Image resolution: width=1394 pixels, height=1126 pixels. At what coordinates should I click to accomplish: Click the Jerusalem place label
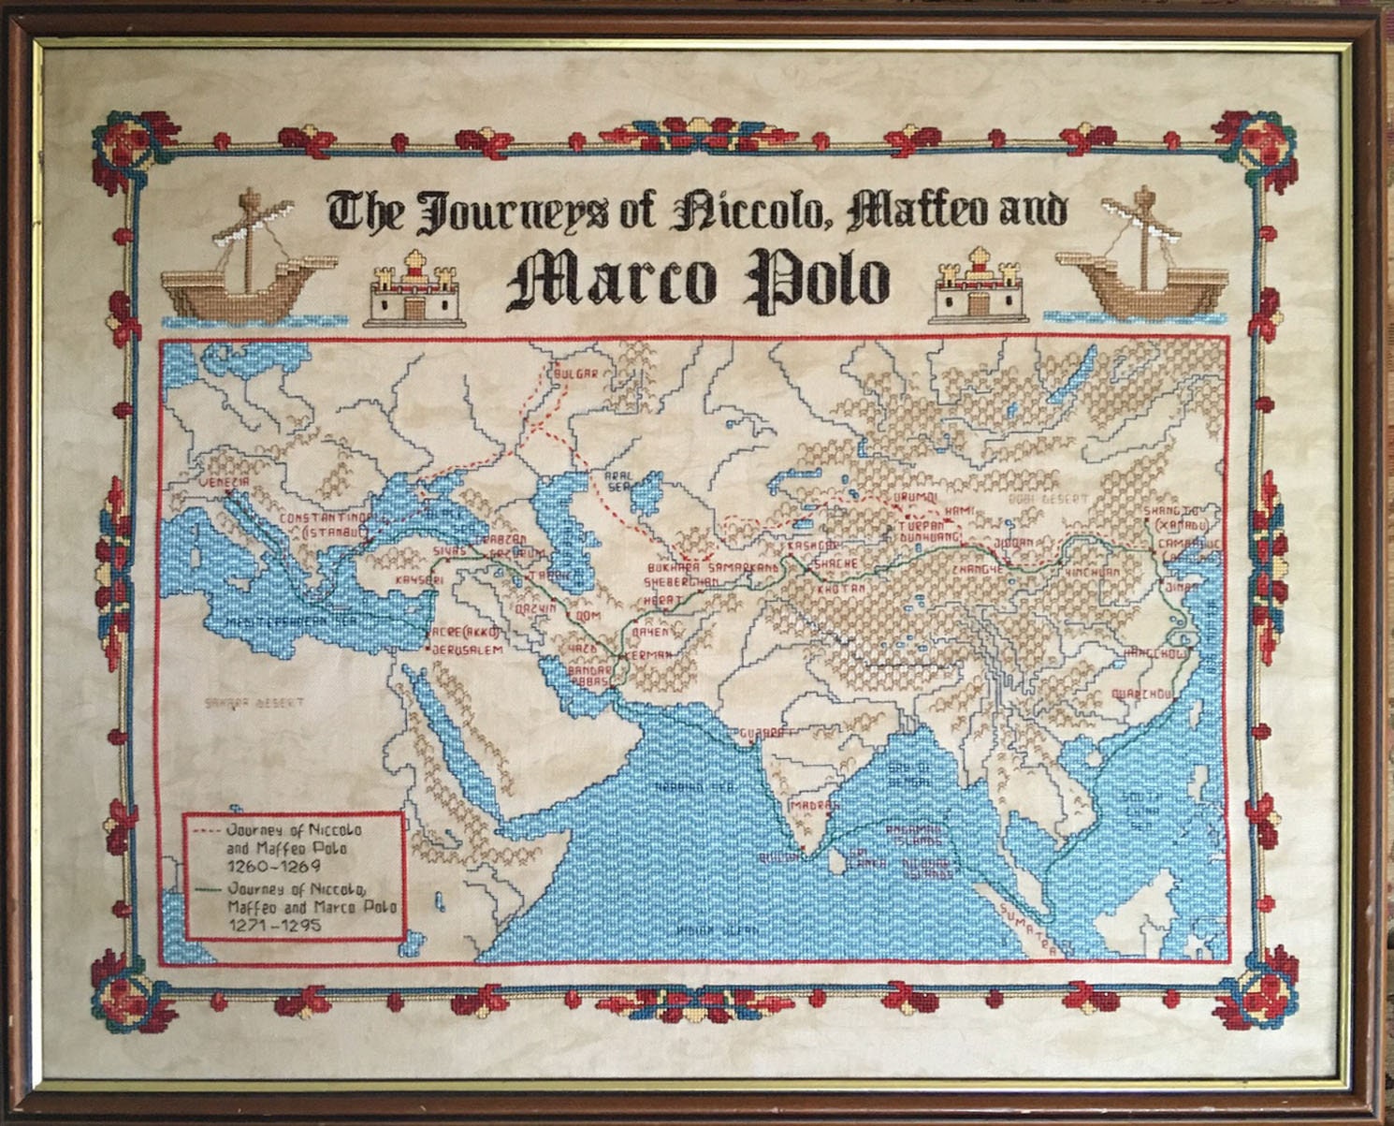[x=467, y=650]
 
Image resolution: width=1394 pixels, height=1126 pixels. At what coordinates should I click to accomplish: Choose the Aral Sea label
[x=621, y=480]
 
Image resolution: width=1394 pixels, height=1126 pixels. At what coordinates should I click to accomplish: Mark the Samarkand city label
[x=743, y=568]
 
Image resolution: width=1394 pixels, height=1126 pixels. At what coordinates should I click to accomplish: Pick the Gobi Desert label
[x=1049, y=500]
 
